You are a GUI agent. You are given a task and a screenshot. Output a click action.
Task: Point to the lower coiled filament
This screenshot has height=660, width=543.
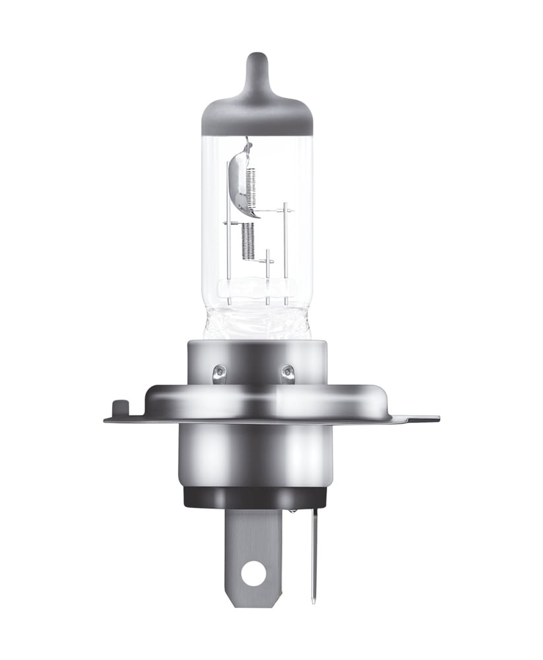tap(247, 240)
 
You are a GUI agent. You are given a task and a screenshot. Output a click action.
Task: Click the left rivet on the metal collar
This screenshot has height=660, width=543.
tap(219, 374)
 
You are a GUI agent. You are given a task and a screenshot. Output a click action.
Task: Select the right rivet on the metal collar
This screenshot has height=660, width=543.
tap(287, 374)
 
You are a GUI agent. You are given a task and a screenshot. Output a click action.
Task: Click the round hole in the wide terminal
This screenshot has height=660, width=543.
tap(253, 574)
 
